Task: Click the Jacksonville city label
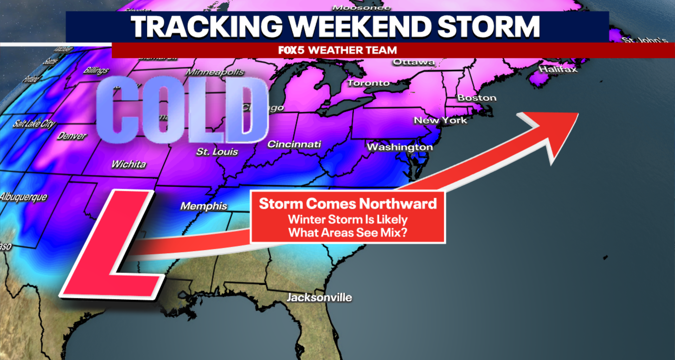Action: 319,297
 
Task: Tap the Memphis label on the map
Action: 204,206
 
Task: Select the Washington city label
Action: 400,147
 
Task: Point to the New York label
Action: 441,120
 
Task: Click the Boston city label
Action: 477,98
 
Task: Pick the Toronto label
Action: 368,83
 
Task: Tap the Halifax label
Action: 558,69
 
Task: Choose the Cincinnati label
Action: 294,144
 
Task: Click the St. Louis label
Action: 217,152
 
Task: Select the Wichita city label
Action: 129,164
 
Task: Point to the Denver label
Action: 72,136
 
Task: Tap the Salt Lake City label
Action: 34,124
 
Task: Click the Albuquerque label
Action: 24,197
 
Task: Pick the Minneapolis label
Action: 215,72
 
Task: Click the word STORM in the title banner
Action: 488,27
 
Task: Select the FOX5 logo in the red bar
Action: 291,50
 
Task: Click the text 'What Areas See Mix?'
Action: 348,233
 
